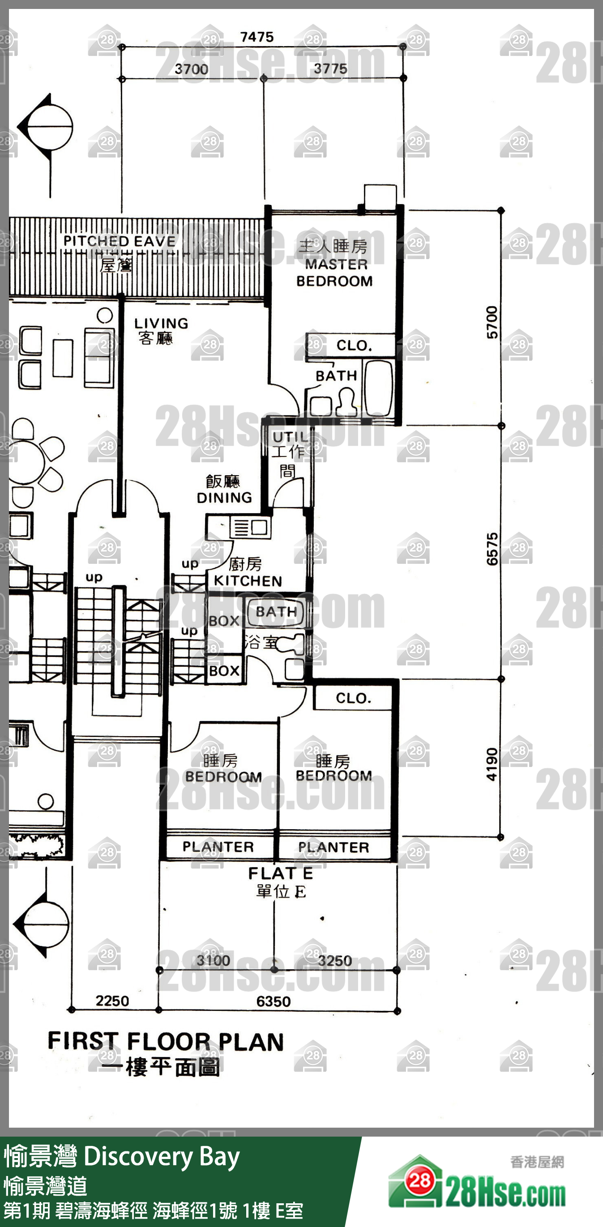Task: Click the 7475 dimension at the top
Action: click(x=257, y=37)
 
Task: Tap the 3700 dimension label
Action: click(x=191, y=69)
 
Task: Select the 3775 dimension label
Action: click(x=330, y=69)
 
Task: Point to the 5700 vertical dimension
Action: click(x=492, y=323)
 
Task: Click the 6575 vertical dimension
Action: click(x=492, y=549)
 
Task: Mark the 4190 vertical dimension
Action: click(x=492, y=764)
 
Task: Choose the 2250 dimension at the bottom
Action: click(x=112, y=1001)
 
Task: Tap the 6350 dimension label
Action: click(x=274, y=1001)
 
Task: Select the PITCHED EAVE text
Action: click(x=120, y=241)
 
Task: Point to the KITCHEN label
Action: click(x=248, y=581)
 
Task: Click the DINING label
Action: click(x=224, y=497)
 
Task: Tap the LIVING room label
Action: click(x=161, y=324)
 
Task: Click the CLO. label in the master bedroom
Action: click(x=354, y=345)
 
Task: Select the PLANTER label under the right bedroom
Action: click(x=334, y=848)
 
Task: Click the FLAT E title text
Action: click(x=280, y=873)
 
